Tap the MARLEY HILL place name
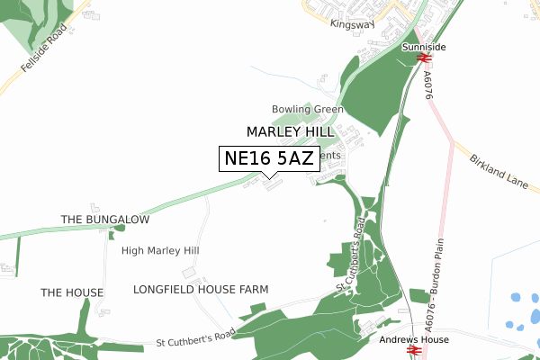pyautogui.click(x=291, y=131)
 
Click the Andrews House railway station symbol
pyautogui.click(x=415, y=351)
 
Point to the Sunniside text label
pyautogui.click(x=425, y=46)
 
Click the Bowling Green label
pyautogui.click(x=309, y=110)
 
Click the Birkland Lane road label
pyautogui.click(x=498, y=170)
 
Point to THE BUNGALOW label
pyautogui.click(x=104, y=220)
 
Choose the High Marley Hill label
pyautogui.click(x=160, y=250)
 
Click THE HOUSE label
pyautogui.click(x=72, y=293)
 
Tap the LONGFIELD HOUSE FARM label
pyautogui.click(x=201, y=290)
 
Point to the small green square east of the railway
pyautogui.click(x=418, y=296)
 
